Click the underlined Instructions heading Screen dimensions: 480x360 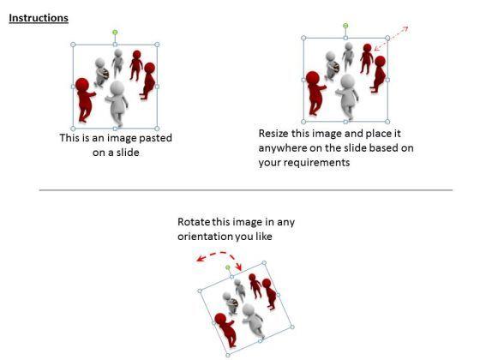[39, 18]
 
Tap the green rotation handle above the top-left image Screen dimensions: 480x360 [115, 33]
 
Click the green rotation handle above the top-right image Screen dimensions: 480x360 [345, 26]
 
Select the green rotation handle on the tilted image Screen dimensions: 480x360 [228, 267]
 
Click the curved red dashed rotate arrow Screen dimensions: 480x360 [219, 253]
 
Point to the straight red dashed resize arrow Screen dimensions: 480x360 [391, 39]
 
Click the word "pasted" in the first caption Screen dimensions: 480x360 [155, 138]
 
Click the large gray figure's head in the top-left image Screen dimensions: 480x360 [117, 88]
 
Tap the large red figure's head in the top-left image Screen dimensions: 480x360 [82, 85]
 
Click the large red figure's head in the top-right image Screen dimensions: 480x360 [313, 78]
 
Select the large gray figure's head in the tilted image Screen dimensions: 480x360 [248, 310]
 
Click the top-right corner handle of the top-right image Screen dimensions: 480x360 [387, 38]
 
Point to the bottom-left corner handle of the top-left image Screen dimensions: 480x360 [73, 129]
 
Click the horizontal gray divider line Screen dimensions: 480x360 [246, 190]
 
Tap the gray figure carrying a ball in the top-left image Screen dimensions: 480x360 [101, 72]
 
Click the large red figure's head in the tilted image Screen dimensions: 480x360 [220, 319]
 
